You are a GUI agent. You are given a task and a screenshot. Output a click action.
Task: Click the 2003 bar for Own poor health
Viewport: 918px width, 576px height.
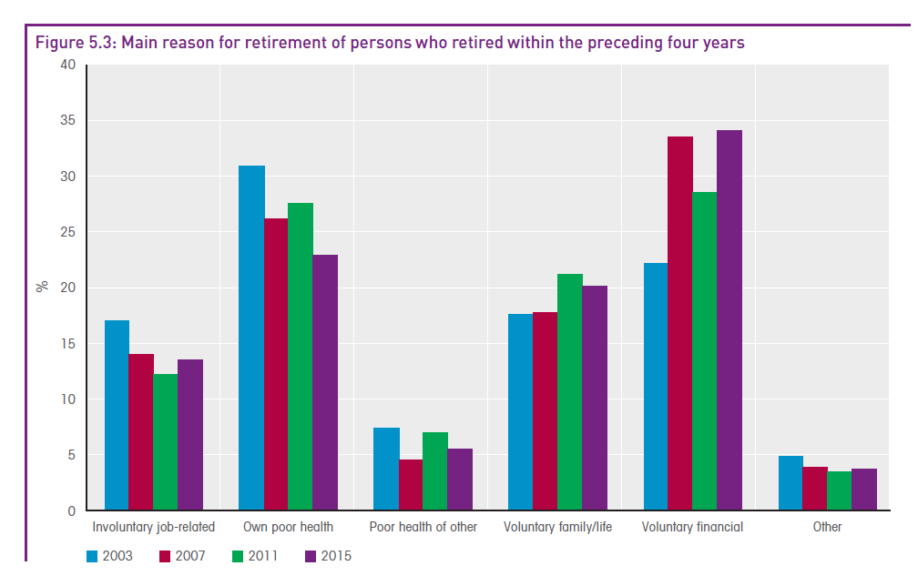pyautogui.click(x=251, y=338)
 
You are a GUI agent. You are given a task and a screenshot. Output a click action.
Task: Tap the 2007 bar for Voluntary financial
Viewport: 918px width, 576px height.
pyautogui.click(x=680, y=323)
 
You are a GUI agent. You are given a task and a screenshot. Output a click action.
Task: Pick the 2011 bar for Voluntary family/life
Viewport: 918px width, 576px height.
pyautogui.click(x=569, y=392)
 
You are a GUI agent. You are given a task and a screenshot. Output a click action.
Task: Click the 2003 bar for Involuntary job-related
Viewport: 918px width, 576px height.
pyautogui.click(x=117, y=415)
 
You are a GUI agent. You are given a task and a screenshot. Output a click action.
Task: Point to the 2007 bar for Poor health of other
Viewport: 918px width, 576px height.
pyautogui.click(x=411, y=485)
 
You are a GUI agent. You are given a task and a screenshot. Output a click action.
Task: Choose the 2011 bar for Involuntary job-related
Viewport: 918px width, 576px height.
pyautogui.click(x=165, y=442)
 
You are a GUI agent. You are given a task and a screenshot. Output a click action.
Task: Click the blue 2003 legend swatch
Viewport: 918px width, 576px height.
pyautogui.click(x=93, y=555)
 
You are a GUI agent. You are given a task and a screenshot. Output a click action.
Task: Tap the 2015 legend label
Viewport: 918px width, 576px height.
pyautogui.click(x=335, y=555)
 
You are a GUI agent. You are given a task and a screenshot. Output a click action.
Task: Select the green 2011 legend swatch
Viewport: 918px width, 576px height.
pyautogui.click(x=239, y=555)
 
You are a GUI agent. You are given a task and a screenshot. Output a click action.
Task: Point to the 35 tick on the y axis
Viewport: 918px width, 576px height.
pyautogui.click(x=68, y=120)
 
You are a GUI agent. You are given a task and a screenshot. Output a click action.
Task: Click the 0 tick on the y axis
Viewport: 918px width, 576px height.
pyautogui.click(x=72, y=510)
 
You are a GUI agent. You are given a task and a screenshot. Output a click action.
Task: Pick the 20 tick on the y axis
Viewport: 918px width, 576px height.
pyautogui.click(x=68, y=288)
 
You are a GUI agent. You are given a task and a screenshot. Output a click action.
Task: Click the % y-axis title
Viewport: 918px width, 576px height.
pyautogui.click(x=41, y=287)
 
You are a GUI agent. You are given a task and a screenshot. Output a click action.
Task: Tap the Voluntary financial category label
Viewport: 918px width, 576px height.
pyautogui.click(x=692, y=527)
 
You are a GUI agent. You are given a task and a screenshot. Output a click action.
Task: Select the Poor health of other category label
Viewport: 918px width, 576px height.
pyautogui.click(x=423, y=527)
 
